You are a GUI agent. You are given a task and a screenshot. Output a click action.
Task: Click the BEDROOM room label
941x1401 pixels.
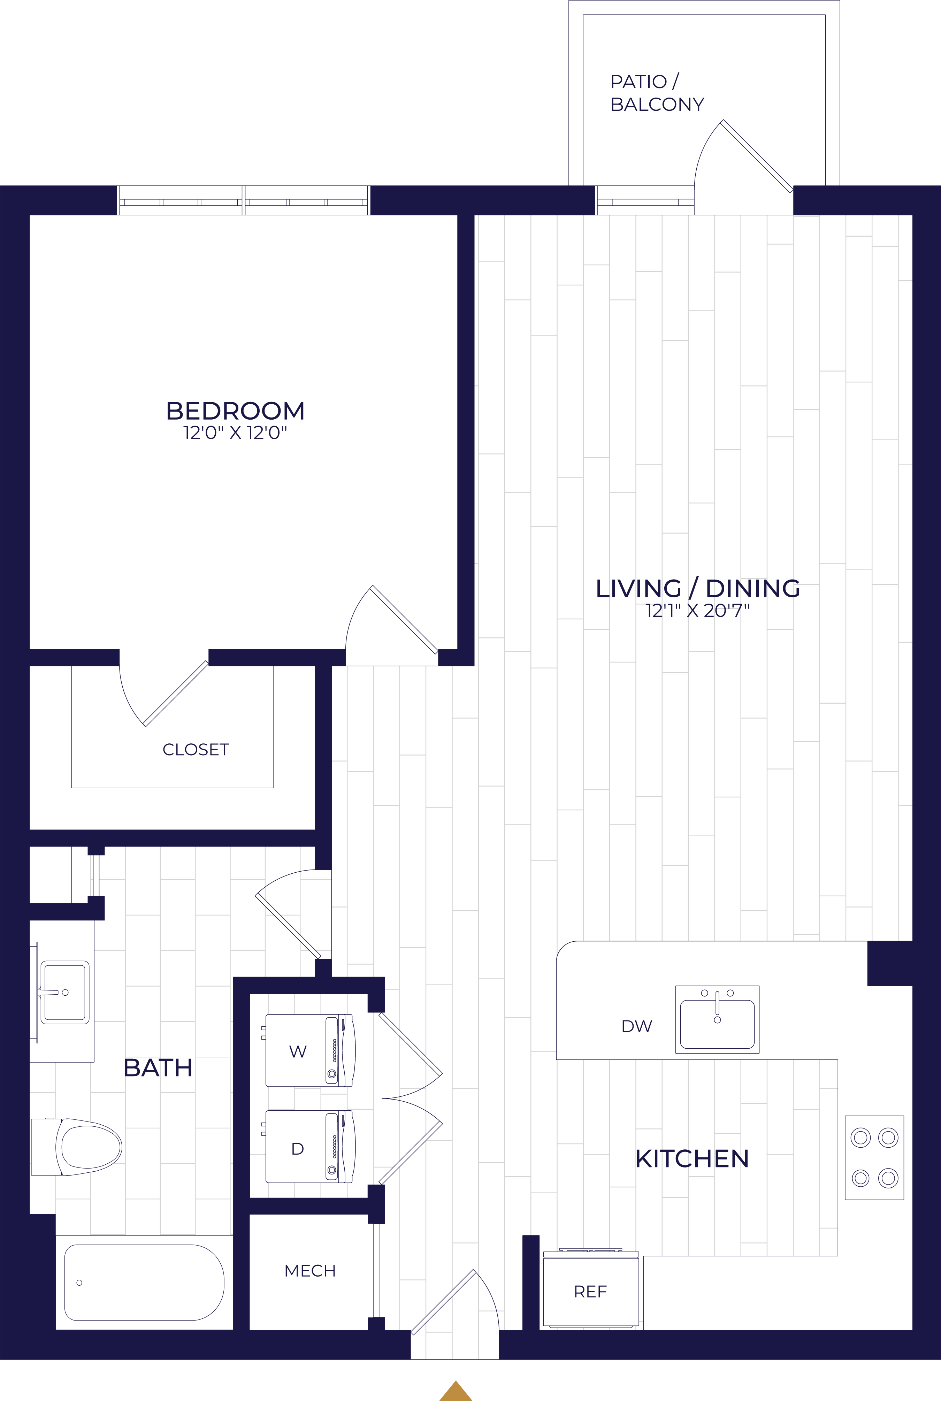(235, 411)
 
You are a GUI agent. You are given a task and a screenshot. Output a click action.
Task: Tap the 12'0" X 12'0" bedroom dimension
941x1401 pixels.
(235, 432)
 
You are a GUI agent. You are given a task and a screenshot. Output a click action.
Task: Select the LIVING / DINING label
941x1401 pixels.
(697, 589)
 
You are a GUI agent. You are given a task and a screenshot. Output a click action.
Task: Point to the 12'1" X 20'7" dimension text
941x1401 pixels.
(697, 611)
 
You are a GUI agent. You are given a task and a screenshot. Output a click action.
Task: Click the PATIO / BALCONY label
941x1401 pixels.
(657, 93)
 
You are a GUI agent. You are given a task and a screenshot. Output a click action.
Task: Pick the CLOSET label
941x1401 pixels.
(196, 749)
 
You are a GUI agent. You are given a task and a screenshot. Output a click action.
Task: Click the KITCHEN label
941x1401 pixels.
(692, 1158)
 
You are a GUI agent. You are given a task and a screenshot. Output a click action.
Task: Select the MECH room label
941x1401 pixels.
(310, 1270)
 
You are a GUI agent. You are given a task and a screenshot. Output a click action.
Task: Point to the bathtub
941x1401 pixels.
(144, 1282)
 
